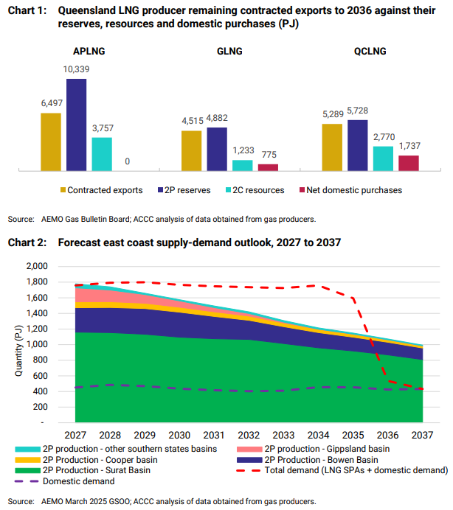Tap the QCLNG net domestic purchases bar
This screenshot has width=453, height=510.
pos(409,163)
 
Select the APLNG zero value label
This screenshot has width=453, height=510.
pos(128,161)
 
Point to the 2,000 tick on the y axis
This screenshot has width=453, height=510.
pos(57,266)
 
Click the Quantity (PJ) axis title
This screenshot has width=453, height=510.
pos(18,344)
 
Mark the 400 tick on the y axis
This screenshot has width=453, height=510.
pos(60,391)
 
